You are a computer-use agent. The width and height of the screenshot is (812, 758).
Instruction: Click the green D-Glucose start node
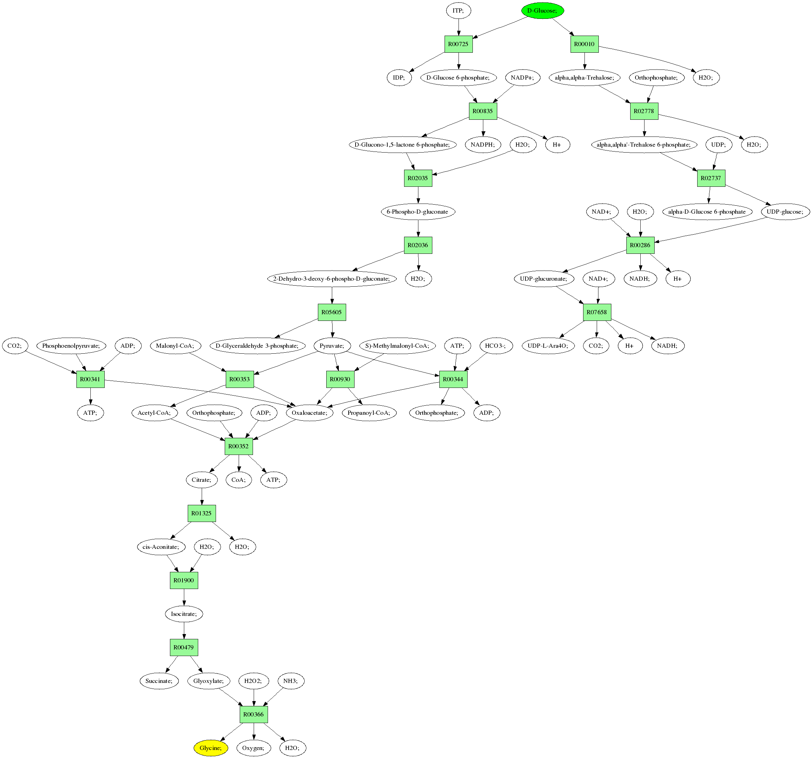point(542,10)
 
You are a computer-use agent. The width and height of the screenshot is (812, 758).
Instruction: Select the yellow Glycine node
point(210,748)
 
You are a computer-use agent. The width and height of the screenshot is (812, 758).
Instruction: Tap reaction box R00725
point(458,44)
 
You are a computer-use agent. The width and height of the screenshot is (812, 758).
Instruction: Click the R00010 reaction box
point(584,44)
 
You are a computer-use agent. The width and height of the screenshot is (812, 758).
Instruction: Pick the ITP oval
point(458,10)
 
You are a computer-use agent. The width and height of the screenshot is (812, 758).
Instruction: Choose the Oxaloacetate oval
point(310,413)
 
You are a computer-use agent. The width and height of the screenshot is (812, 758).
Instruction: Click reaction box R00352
point(239,446)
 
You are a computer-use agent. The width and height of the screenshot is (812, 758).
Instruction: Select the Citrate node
point(201,480)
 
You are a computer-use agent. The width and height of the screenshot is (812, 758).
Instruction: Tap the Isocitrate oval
point(184,614)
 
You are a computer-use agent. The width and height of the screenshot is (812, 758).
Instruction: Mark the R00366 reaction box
point(254,714)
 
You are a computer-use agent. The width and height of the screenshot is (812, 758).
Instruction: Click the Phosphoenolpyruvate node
point(71,346)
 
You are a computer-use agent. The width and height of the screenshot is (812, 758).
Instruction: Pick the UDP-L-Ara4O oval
point(548,346)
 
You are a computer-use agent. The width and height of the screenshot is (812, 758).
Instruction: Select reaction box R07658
point(597,312)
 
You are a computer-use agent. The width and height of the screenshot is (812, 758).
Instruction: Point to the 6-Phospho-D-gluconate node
point(417,212)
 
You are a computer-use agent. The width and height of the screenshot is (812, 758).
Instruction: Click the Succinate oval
point(159,681)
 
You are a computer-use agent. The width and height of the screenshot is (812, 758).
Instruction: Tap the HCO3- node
point(496,346)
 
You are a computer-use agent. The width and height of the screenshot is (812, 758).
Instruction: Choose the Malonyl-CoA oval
point(175,346)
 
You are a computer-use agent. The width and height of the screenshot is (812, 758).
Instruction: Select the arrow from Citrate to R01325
point(202,496)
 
